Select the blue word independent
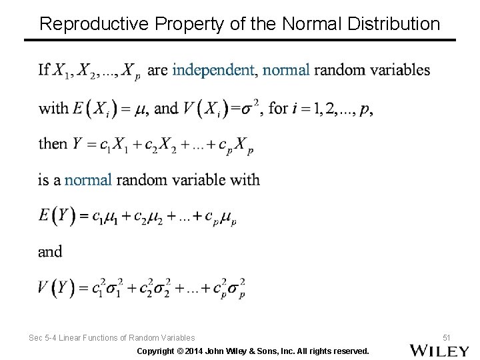point(213,69)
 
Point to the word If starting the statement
point(44,69)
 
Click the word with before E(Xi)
point(53,108)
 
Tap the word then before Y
point(53,143)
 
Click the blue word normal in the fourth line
point(89,179)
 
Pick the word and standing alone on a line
point(50,251)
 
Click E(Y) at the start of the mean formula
point(55,215)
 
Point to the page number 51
point(446,338)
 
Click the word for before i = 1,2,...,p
point(278,108)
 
